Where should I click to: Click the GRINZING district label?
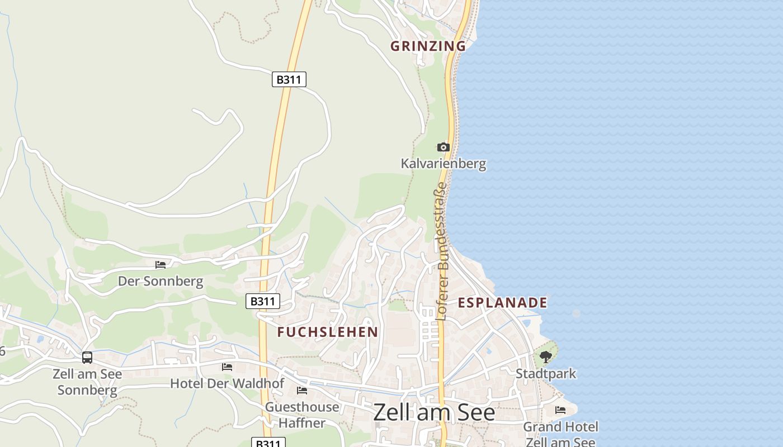pyautogui.click(x=428, y=46)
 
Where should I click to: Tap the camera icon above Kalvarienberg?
pyautogui.click(x=443, y=147)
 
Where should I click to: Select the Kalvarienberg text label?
pyautogui.click(x=443, y=164)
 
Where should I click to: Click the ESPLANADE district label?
pyautogui.click(x=502, y=303)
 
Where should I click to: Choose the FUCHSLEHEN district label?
pyautogui.click(x=328, y=332)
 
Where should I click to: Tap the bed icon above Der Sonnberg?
pyautogui.click(x=161, y=264)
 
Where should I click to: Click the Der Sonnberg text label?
pyautogui.click(x=161, y=281)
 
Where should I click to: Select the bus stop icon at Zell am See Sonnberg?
pyautogui.click(x=87, y=357)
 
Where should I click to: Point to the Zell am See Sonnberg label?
pyautogui.click(x=87, y=382)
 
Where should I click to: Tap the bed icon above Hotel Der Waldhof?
pyautogui.click(x=227, y=367)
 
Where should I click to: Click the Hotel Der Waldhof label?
pyautogui.click(x=227, y=384)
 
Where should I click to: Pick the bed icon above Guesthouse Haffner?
pyautogui.click(x=302, y=390)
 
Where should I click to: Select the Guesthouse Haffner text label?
pyautogui.click(x=302, y=415)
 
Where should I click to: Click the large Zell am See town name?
pyautogui.click(x=434, y=412)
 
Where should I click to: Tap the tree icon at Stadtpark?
pyautogui.click(x=546, y=356)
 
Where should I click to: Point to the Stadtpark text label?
pyautogui.click(x=546, y=373)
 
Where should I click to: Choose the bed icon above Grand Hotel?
pyautogui.click(x=560, y=410)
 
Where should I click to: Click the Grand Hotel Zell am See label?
pyautogui.click(x=560, y=435)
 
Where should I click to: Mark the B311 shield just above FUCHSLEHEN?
pyautogui.click(x=263, y=302)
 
